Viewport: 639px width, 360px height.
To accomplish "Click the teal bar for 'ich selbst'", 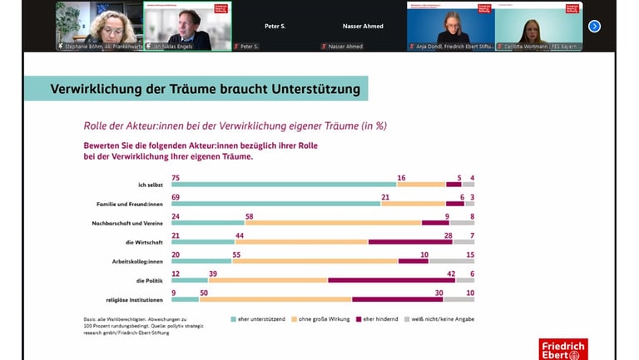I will click(x=284, y=184).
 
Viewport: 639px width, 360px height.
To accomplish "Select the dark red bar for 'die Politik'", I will click(x=391, y=280).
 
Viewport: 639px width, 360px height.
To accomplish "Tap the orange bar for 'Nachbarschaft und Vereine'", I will click(x=333, y=223).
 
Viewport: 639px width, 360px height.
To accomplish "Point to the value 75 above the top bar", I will click(x=176, y=177).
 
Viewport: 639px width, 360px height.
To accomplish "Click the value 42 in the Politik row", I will click(x=450, y=274).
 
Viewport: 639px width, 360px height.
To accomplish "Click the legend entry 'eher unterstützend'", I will click(x=257, y=318).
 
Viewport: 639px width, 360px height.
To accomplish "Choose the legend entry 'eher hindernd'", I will click(x=379, y=318).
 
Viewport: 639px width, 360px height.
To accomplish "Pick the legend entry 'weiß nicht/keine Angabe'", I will click(x=442, y=318).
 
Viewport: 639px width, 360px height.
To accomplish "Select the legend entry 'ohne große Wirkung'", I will click(x=320, y=318).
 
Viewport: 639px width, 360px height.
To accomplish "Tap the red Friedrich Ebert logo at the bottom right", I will click(x=562, y=349).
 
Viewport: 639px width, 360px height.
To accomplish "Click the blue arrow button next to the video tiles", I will click(x=594, y=26).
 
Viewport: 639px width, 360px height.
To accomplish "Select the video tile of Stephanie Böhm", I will click(x=99, y=26).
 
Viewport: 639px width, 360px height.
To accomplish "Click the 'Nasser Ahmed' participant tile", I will click(x=363, y=27).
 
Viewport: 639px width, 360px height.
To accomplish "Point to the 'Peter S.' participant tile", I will click(x=275, y=27).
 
